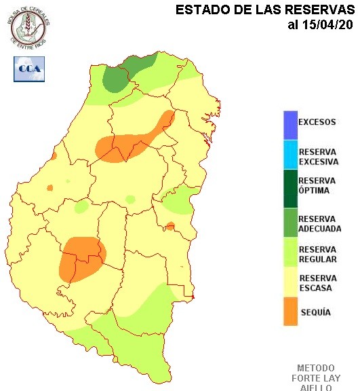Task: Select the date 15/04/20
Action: tap(327, 25)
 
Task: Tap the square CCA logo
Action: tap(29, 69)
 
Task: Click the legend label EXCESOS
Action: tap(317, 122)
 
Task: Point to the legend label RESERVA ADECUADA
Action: tap(319, 224)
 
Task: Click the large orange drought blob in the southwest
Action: tap(79, 258)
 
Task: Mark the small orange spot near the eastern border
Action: tap(170, 225)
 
